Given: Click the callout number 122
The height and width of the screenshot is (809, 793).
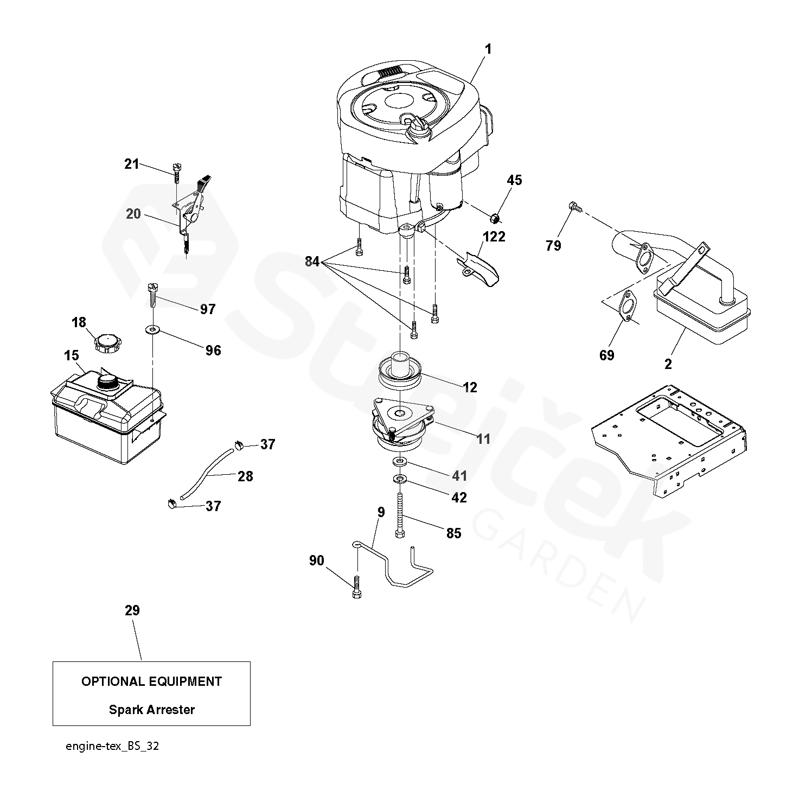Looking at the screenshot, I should (494, 237).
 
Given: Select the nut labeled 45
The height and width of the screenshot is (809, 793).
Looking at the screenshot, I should (495, 219).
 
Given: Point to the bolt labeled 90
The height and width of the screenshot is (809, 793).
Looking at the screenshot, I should (357, 587).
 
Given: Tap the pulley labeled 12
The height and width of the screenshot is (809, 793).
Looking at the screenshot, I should (401, 372).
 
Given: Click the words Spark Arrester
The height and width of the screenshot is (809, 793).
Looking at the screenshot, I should (152, 709).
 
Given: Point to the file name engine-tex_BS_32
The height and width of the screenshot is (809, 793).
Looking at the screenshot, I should (112, 746).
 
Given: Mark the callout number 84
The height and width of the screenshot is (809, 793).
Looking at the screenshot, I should (312, 262).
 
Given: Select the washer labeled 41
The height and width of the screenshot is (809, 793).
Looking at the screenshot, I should (399, 462).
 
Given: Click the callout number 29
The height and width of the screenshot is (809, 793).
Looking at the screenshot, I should (132, 610).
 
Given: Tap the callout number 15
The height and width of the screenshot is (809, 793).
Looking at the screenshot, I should (72, 355).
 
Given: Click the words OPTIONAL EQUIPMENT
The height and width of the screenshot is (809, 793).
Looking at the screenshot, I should (152, 681).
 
